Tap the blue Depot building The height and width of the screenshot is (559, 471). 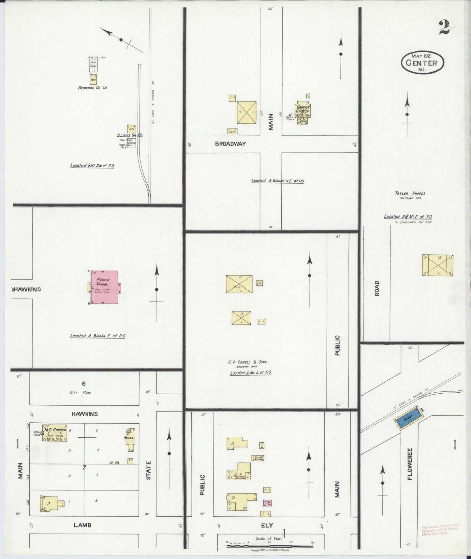[x=407, y=418]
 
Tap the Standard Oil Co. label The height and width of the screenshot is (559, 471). [x=93, y=88]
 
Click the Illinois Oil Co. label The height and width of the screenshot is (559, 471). [x=130, y=135]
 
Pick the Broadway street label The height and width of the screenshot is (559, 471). [x=230, y=144]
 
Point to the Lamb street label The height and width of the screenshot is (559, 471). [x=82, y=525]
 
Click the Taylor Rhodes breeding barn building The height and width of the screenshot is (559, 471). [x=437, y=265]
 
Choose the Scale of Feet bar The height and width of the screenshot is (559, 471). [x=269, y=545]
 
